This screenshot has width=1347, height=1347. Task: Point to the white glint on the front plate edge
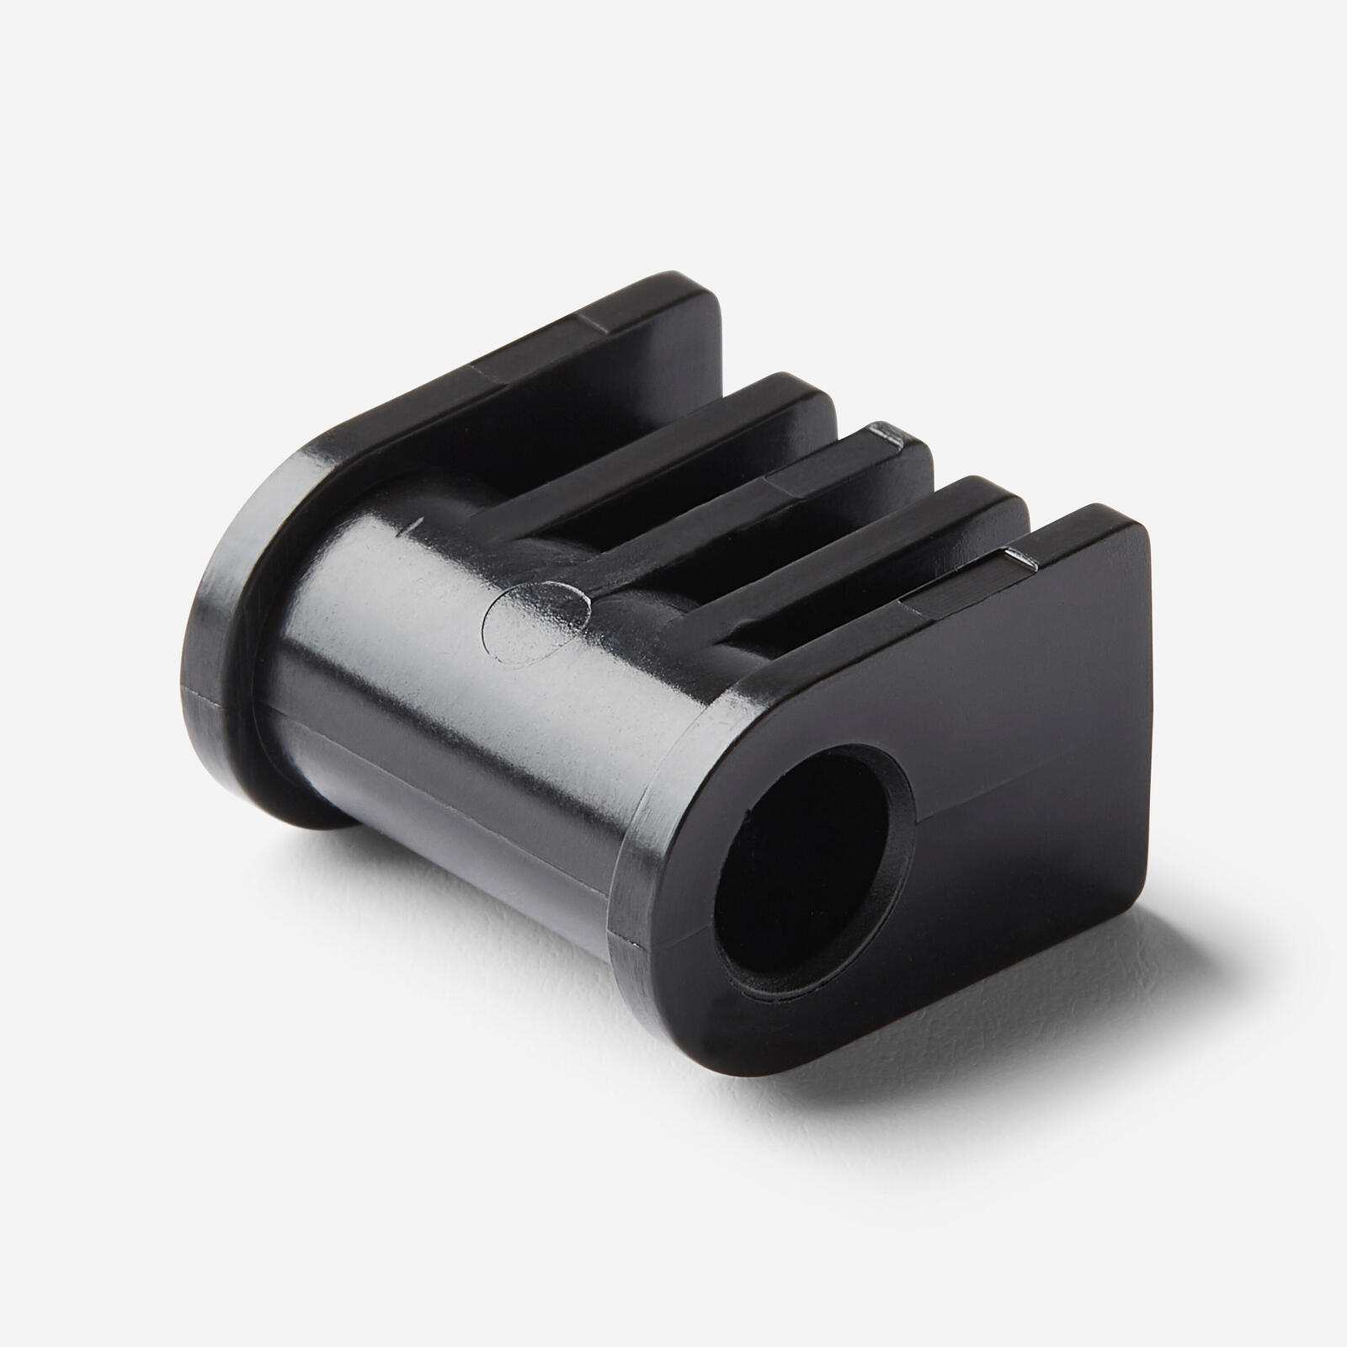[x=1020, y=556]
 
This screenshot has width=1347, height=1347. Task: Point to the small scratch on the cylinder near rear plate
[x=413, y=529]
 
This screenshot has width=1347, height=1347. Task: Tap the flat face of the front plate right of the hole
[x=1010, y=758]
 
